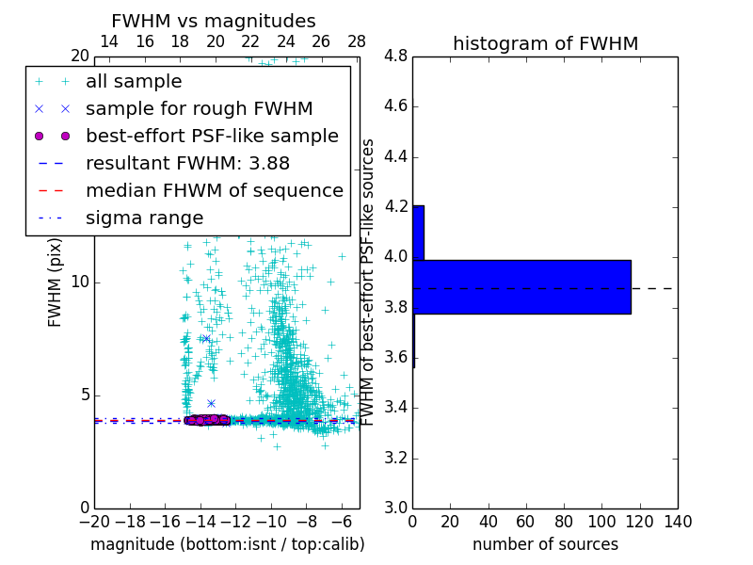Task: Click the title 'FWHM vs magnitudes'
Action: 213,21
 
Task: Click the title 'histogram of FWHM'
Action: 545,43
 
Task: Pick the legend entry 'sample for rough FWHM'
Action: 199,109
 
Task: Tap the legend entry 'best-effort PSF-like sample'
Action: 212,137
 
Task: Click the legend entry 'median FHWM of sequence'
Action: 214,191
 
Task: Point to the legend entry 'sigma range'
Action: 144,218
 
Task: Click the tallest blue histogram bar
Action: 521,287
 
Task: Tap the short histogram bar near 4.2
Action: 418,233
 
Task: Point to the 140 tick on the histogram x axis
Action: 677,521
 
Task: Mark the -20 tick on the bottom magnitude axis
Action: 94,521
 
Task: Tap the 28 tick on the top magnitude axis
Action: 357,41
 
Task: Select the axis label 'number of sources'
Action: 545,544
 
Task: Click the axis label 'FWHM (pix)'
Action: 56,282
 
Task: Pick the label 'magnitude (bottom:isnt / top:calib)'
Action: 227,544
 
